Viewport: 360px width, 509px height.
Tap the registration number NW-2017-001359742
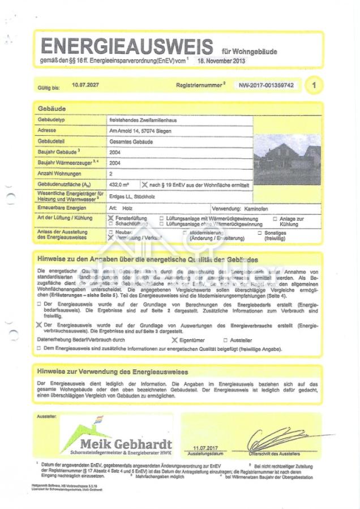click(266, 85)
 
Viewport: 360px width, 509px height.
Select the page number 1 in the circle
click(314, 85)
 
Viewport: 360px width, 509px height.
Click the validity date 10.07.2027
click(85, 84)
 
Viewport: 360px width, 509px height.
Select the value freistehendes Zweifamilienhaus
click(140, 120)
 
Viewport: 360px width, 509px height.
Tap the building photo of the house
click(287, 151)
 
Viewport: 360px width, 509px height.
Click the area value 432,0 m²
click(119, 184)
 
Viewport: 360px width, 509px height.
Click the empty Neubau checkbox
click(110, 232)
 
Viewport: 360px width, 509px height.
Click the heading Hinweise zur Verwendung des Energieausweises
click(113, 372)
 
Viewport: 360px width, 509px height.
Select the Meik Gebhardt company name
click(126, 443)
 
